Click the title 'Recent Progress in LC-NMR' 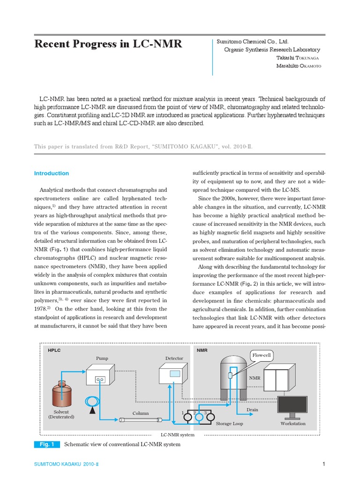[x=108, y=45]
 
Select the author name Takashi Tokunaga [x=299, y=58]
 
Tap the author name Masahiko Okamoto [x=299, y=66]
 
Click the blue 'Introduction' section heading [x=52, y=173]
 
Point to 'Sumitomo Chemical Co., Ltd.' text [x=253, y=42]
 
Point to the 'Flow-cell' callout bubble [x=262, y=355]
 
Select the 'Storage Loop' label [x=230, y=424]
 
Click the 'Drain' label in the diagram [x=252, y=410]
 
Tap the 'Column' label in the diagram [x=140, y=413]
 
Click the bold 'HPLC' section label [x=54, y=350]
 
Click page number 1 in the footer [x=323, y=465]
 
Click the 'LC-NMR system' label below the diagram [x=177, y=435]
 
